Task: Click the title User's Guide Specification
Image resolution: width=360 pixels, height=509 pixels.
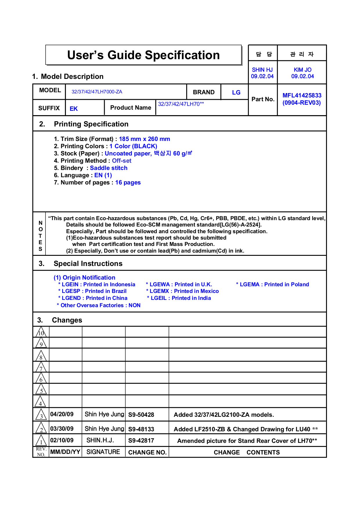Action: pyautogui.click(x=143, y=55)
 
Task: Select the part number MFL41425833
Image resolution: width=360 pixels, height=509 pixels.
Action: pyautogui.click(x=302, y=95)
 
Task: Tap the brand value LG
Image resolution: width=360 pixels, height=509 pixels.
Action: pyautogui.click(x=236, y=93)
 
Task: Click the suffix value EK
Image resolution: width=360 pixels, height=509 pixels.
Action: pyautogui.click(x=74, y=109)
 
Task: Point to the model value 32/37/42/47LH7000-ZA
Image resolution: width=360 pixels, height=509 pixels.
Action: pyautogui.click(x=97, y=92)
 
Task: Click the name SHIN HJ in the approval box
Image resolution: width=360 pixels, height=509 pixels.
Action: pyautogui.click(x=262, y=70)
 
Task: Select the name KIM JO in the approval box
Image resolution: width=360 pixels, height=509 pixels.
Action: pyautogui.click(x=302, y=70)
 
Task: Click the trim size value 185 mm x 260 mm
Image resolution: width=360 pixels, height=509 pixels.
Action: pyautogui.click(x=144, y=139)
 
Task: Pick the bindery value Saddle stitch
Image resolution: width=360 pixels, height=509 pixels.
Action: pyautogui.click(x=108, y=168)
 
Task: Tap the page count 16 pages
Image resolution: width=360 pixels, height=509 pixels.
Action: pyautogui.click(x=128, y=182)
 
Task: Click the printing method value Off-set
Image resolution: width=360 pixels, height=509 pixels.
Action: pyautogui.click(x=122, y=161)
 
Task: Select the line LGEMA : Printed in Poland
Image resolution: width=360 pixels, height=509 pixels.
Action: pyautogui.click(x=272, y=285)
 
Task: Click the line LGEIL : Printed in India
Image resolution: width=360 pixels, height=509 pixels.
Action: pyautogui.click(x=179, y=298)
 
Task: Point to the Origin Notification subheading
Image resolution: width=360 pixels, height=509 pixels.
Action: pyautogui.click(x=84, y=278)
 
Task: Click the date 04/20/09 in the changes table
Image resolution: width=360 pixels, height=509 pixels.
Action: pyautogui.click(x=62, y=414)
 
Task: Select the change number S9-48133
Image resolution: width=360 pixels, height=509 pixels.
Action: pyautogui.click(x=141, y=429)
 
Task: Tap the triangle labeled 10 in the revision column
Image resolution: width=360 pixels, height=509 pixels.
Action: pyautogui.click(x=41, y=332)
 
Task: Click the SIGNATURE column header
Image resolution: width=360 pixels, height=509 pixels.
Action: pyautogui.click(x=103, y=452)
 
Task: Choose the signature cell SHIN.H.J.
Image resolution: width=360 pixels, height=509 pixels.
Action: pyautogui.click(x=100, y=440)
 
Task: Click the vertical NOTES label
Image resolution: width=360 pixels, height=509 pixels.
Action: pyautogui.click(x=40, y=236)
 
